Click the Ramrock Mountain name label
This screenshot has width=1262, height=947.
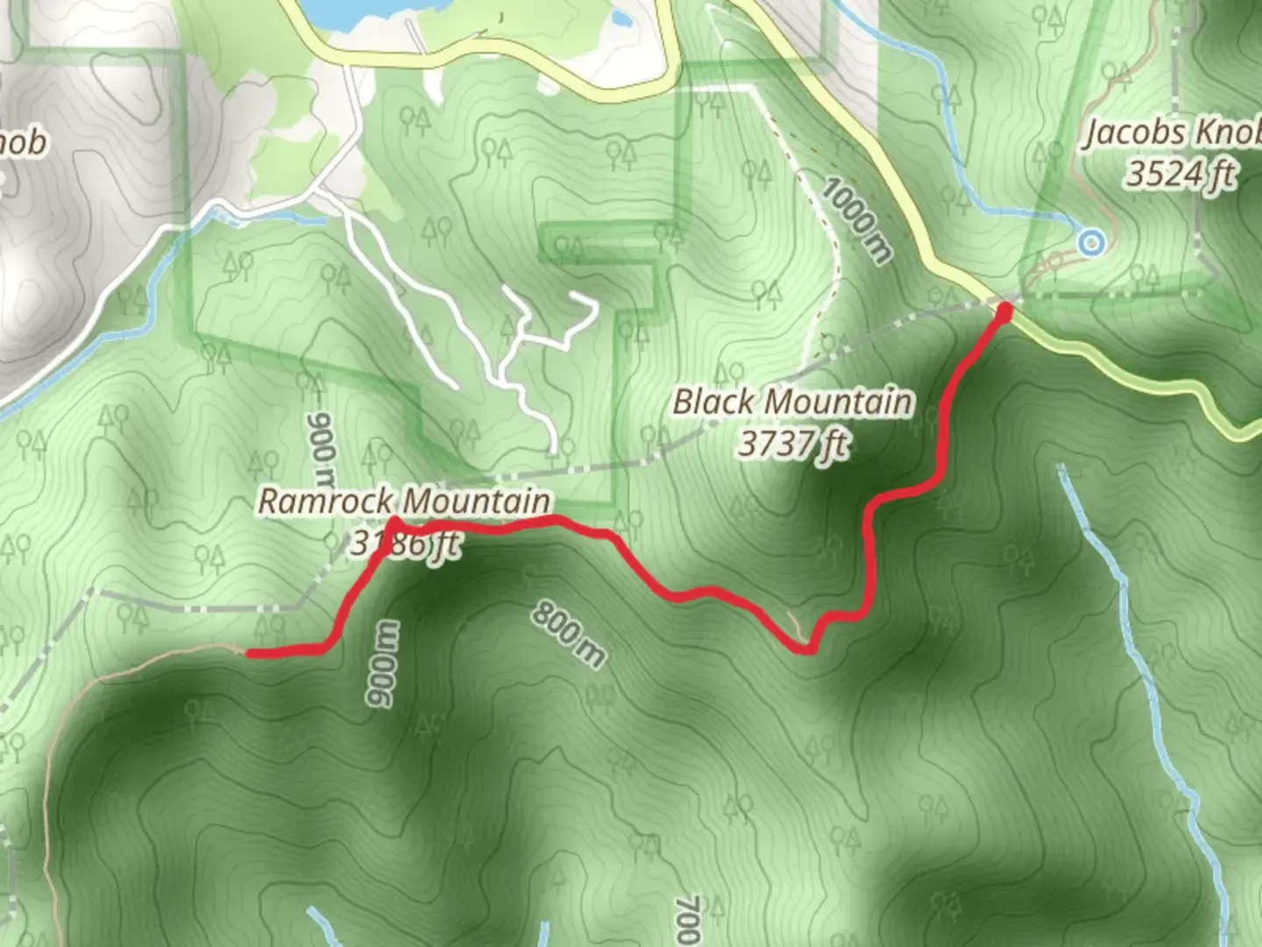404,502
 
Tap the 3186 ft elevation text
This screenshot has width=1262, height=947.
404,544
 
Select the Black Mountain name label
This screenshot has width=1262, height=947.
792,402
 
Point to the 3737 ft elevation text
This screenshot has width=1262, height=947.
792,444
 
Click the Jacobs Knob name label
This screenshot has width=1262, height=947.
1173,133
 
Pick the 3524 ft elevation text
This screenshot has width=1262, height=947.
1180,174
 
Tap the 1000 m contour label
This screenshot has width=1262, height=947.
858,219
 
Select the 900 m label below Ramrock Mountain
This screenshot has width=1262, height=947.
382,664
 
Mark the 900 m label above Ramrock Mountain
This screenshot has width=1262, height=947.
321,449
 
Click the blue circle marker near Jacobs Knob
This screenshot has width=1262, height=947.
1090,242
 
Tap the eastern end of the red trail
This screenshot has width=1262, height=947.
1004,310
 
